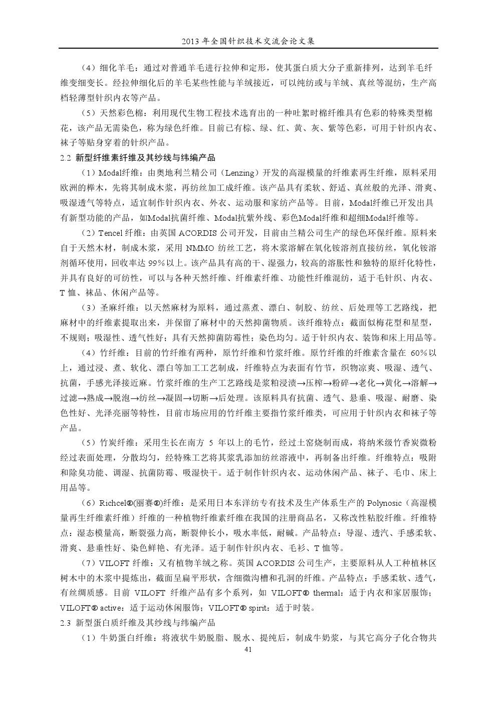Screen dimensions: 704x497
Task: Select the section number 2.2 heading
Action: pyautogui.click(x=66, y=158)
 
